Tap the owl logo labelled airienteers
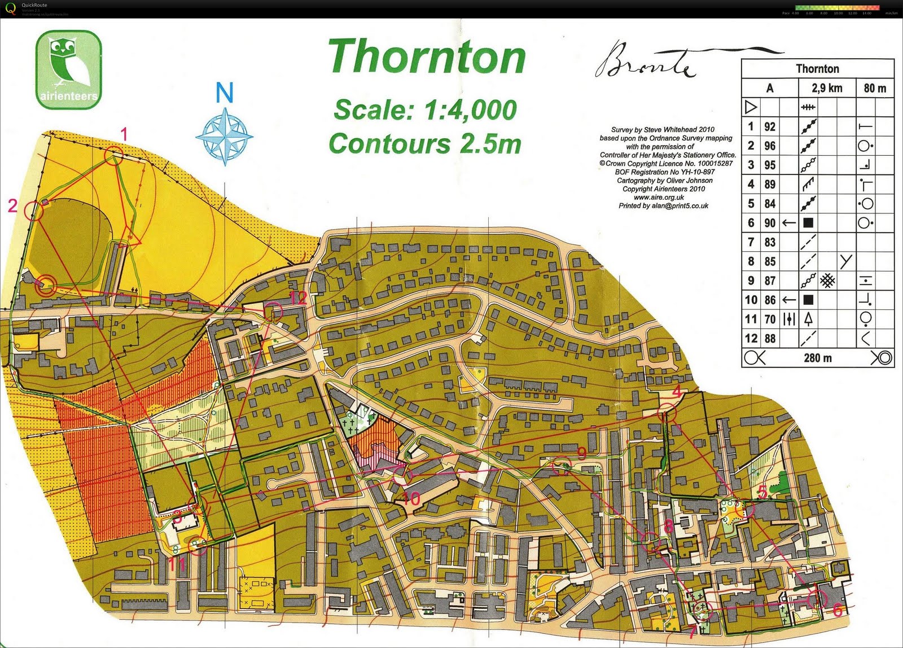click(x=68, y=69)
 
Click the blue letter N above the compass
click(x=224, y=93)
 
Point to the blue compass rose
click(x=224, y=137)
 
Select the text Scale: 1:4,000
click(x=425, y=110)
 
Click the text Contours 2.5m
click(x=424, y=144)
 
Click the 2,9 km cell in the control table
click(x=827, y=88)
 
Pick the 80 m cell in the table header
click(x=875, y=88)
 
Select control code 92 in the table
click(x=770, y=127)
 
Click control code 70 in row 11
click(x=770, y=319)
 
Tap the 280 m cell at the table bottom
click(x=817, y=358)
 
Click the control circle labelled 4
click(x=667, y=413)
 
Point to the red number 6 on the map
click(x=838, y=610)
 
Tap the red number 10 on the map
click(x=411, y=498)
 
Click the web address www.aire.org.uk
click(x=659, y=198)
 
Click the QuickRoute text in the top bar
click(x=34, y=5)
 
